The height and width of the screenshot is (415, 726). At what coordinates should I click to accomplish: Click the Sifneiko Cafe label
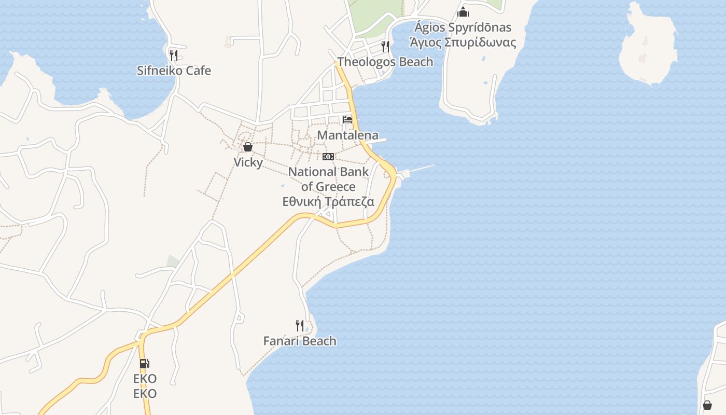174,71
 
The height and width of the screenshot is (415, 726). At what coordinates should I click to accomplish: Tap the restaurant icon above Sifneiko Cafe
174,55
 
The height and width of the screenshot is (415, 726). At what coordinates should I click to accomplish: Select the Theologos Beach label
385,62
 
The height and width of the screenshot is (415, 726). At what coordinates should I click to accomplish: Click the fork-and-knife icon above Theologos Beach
385,47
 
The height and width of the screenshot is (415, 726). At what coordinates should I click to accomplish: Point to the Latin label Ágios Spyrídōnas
463,27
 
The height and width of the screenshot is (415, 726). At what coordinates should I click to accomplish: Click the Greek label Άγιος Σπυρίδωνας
463,42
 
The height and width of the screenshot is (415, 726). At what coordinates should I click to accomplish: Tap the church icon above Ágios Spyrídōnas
463,12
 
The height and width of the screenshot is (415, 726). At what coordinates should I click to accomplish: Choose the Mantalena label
347,135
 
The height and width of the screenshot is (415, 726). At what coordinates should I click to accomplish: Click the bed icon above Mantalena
347,120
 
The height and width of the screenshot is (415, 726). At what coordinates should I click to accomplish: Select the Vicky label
248,162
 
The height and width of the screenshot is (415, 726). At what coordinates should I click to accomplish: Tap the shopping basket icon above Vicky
248,147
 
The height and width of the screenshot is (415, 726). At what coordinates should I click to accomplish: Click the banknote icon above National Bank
328,157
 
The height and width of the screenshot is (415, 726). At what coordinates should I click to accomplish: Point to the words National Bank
328,172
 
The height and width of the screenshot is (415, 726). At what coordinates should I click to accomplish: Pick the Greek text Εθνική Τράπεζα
328,202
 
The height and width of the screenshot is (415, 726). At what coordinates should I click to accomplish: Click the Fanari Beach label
300,341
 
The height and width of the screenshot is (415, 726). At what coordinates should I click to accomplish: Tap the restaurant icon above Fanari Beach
300,326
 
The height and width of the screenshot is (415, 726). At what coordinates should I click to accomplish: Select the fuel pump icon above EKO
145,364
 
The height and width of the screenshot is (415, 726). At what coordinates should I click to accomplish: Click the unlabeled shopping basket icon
707,405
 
